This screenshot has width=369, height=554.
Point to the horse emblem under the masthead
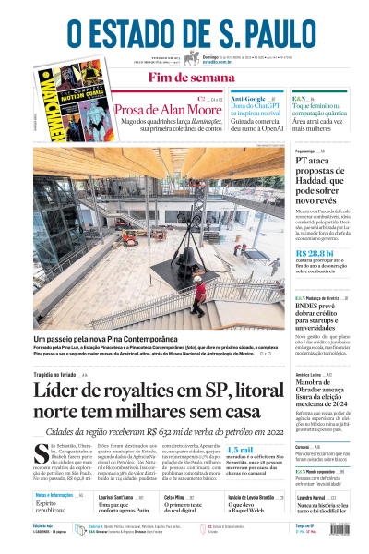[x=192, y=59]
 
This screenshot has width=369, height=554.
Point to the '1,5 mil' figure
[x=238, y=449]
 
